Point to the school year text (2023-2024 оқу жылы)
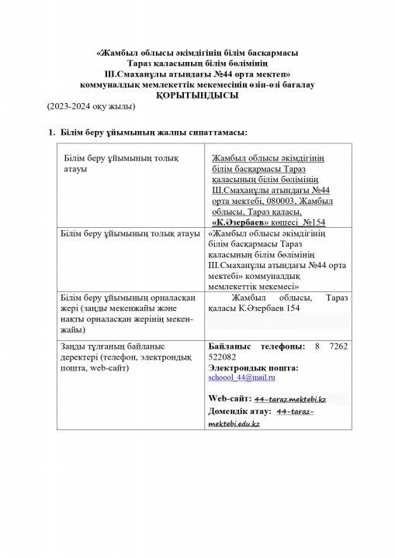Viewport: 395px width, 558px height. click(x=80, y=105)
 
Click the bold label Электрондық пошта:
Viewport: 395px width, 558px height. click(x=254, y=366)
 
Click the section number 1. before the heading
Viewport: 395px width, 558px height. click(x=52, y=133)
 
